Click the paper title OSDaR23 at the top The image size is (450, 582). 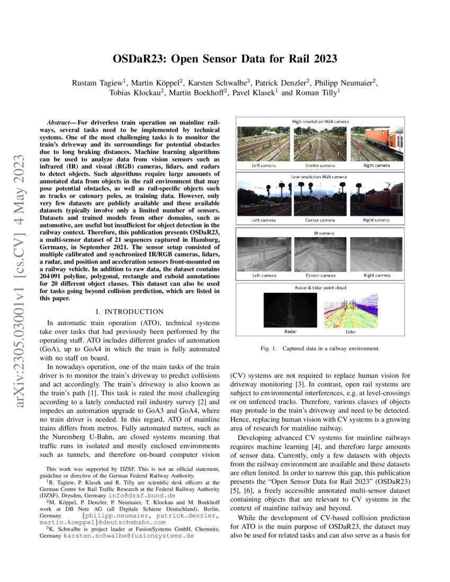point(225,59)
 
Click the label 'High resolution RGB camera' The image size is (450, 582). point(320,121)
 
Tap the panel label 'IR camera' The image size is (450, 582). point(320,232)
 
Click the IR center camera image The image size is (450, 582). point(320,254)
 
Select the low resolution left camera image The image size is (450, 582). point(264,198)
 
